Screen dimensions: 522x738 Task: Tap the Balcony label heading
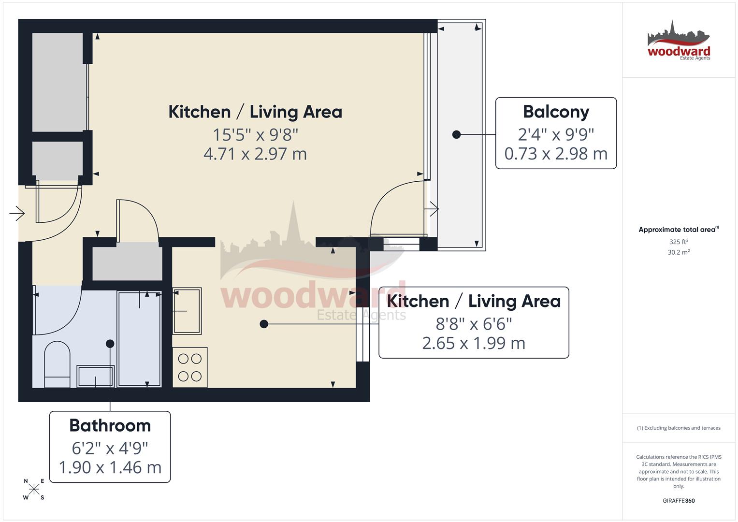pos(556,112)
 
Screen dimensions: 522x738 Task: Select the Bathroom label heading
pos(110,426)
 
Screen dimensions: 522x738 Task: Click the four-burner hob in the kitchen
pos(190,367)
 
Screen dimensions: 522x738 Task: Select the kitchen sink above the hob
pos(187,311)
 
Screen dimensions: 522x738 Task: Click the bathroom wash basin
pos(96,377)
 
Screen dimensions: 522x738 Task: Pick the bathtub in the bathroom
pos(139,338)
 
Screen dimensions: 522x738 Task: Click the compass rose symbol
pos(34,489)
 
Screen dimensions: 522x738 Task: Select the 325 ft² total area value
pos(679,242)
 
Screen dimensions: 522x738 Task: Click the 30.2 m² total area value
pos(679,252)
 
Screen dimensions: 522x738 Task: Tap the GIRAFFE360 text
pos(679,501)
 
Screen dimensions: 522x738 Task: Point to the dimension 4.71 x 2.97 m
pos(255,154)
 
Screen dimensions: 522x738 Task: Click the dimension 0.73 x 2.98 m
pos(556,154)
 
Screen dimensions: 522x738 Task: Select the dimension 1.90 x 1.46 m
pos(110,468)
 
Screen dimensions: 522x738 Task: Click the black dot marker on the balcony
pos(456,134)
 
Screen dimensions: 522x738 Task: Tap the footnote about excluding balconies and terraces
pos(679,428)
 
